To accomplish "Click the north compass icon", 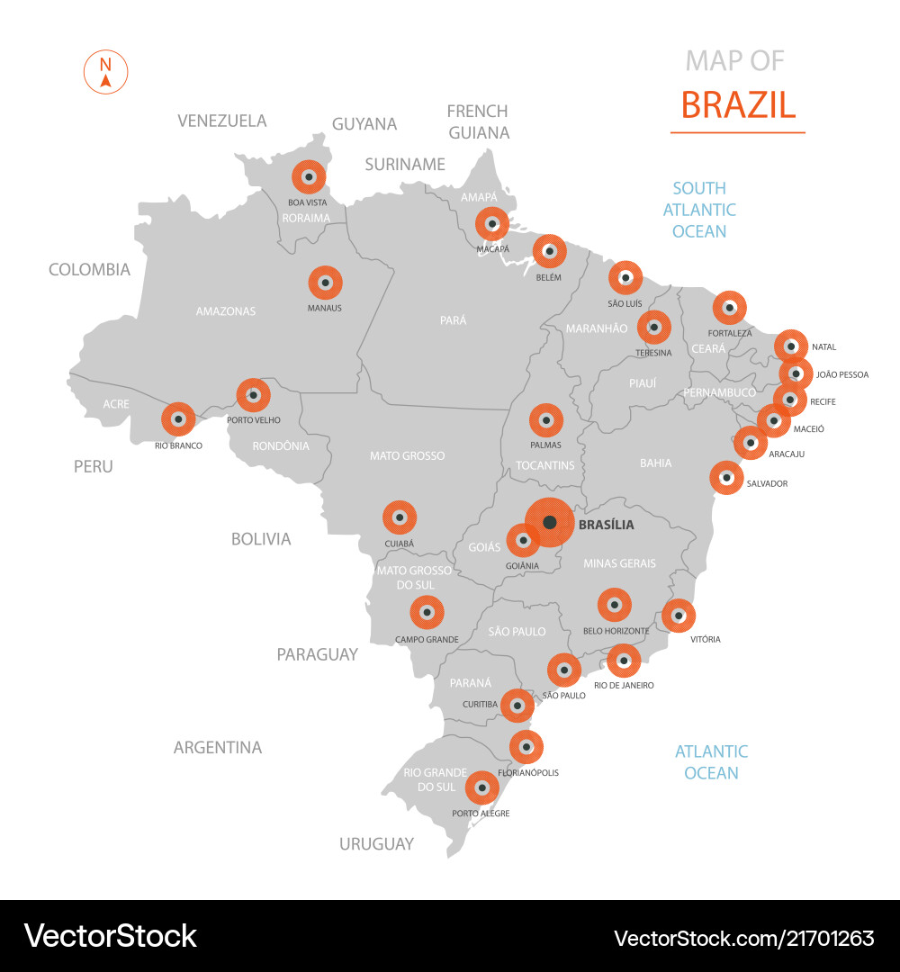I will (x=106, y=73).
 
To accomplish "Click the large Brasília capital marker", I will (x=549, y=523).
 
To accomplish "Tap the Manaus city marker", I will (x=326, y=283).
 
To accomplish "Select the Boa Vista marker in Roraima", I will (x=309, y=177).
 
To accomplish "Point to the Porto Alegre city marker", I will (x=482, y=789).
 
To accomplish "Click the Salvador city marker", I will (x=726, y=478).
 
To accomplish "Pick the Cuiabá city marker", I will (x=400, y=518).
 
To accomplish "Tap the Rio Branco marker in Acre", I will (x=178, y=419).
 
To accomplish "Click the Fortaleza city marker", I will (x=730, y=308).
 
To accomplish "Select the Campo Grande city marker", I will (x=427, y=614).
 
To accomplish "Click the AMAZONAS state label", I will (x=226, y=311).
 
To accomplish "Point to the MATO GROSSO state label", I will (x=407, y=456).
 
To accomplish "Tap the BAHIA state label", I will (x=655, y=463).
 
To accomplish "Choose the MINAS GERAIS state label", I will (x=619, y=563).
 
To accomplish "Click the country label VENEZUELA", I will (x=221, y=121).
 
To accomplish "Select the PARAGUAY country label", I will (x=317, y=654).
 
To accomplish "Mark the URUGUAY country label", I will (x=376, y=844).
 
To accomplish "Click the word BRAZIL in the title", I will (x=738, y=105).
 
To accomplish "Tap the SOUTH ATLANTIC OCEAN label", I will (x=699, y=210).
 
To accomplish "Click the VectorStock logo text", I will (x=110, y=936).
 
